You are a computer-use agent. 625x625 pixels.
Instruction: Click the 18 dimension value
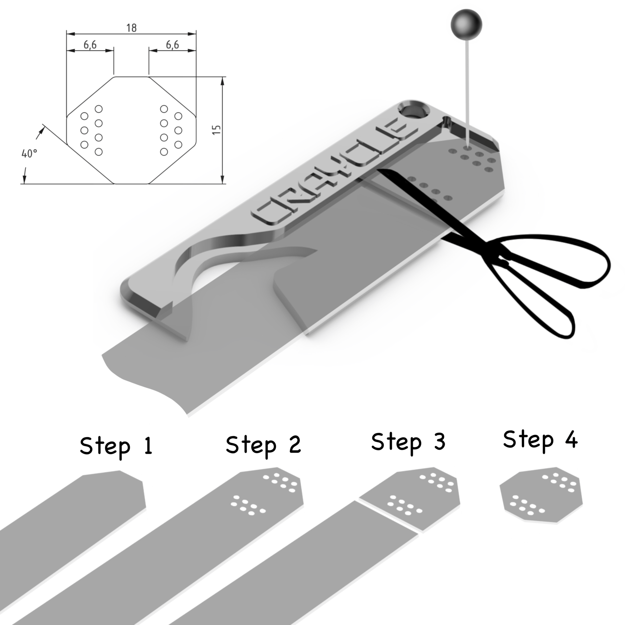click(x=132, y=28)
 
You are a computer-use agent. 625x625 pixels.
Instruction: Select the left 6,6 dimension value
click(x=90, y=45)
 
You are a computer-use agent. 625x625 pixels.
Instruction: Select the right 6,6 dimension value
click(x=172, y=45)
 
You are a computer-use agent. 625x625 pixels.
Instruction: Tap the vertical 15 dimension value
click(x=216, y=130)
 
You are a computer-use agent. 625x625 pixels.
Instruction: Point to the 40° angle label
click(x=29, y=153)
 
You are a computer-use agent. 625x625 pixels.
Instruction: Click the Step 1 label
click(x=116, y=446)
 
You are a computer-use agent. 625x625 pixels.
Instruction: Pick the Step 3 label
click(x=408, y=442)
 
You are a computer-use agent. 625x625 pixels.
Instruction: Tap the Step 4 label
click(x=540, y=440)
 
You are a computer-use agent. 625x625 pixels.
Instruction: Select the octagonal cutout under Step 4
click(x=541, y=496)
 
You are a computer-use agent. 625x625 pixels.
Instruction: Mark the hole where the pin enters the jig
click(x=468, y=148)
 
